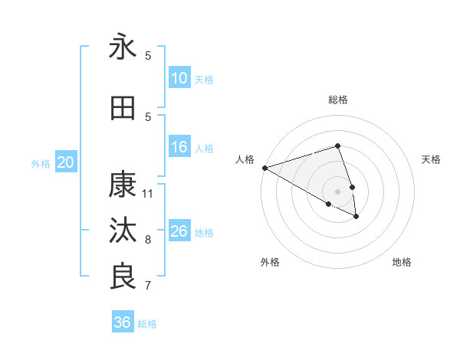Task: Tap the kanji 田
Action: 123,108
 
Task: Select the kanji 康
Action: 123,185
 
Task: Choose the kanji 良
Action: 123,277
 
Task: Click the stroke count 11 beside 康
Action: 148,193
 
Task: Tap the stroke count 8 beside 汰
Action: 148,240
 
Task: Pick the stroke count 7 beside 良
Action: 148,286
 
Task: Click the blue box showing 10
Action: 179,78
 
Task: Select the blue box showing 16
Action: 179,147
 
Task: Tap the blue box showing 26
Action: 179,231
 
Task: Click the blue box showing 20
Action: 66,162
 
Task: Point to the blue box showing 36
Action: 122,322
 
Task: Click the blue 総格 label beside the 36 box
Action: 147,324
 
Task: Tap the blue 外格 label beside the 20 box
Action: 41,163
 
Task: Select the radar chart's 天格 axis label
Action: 432,159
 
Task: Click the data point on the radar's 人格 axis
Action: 264,168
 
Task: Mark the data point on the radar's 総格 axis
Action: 337,146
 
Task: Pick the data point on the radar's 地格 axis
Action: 356,217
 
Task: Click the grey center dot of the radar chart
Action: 337,191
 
